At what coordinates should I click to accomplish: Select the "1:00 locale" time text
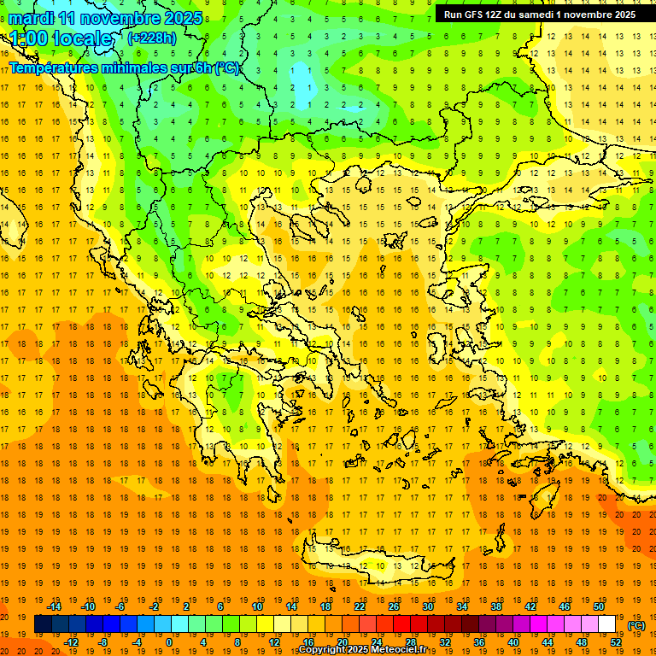coord(61,38)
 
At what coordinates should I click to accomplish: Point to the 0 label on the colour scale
coord(169,642)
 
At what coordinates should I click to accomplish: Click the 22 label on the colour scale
coord(360,606)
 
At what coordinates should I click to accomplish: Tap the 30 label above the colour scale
coord(427,606)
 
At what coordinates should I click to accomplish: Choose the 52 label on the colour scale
coord(616,642)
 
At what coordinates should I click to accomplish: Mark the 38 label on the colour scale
coord(495,606)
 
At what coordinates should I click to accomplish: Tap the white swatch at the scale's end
coord(607,624)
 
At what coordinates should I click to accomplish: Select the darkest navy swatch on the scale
coord(43,624)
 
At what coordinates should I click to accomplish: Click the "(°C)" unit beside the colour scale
coord(636,625)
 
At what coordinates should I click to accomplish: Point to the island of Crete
coord(376,568)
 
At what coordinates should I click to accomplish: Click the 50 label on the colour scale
coord(598,606)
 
